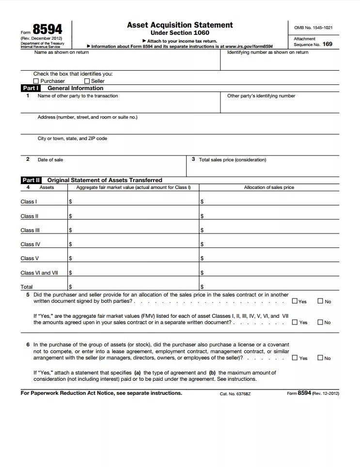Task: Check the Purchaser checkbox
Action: (x=36, y=81)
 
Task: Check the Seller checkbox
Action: (x=87, y=81)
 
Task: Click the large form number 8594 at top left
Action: (x=47, y=29)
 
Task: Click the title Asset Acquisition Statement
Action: (x=180, y=25)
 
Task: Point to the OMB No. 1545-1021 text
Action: (x=313, y=28)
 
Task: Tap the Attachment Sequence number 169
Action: (x=328, y=44)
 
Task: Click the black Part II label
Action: (x=31, y=180)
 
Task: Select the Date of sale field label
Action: (x=50, y=159)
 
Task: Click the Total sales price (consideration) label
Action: (x=233, y=159)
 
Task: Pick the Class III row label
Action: (x=30, y=230)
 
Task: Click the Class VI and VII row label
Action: (x=39, y=273)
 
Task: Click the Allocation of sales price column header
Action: (x=269, y=187)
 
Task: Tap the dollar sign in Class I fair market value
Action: (x=70, y=202)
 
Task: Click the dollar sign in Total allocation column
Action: (x=202, y=287)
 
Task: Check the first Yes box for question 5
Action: (x=295, y=301)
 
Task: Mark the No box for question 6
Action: (x=320, y=358)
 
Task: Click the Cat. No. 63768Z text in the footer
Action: (x=235, y=394)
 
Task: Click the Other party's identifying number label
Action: (x=261, y=96)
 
